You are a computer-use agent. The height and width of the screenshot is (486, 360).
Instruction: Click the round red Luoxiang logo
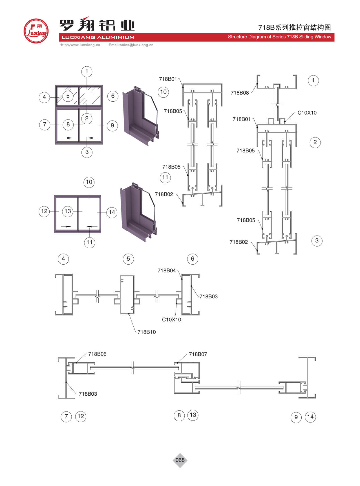tap(36, 31)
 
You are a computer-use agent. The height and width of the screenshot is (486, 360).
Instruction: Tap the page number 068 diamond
tap(180, 460)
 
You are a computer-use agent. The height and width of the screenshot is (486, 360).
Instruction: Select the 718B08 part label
tap(240, 93)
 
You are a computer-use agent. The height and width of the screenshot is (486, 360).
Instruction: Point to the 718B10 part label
tap(147, 332)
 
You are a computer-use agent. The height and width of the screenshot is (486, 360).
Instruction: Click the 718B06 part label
tap(97, 354)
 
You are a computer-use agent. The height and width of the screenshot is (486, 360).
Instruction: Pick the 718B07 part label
tap(198, 354)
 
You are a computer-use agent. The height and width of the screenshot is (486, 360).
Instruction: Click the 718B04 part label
tap(167, 271)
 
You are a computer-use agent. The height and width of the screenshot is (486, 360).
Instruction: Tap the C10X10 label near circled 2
tap(307, 113)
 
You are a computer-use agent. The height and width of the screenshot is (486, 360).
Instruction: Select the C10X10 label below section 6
tap(171, 320)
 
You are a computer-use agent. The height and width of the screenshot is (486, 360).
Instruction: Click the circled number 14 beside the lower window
tap(112, 212)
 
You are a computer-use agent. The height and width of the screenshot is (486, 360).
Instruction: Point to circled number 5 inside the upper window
tap(68, 96)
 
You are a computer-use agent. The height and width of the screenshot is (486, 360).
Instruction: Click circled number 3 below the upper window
tap(87, 152)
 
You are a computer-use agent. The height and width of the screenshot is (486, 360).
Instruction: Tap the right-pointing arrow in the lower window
tap(66, 226)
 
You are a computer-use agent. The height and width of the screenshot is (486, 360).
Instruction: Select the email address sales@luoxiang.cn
tap(131, 45)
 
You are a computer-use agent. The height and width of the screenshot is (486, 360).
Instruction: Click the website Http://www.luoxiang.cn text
tap(80, 45)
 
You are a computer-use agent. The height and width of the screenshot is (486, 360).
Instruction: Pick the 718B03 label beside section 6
tap(209, 297)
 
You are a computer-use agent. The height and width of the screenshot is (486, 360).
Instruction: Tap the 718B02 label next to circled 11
tap(164, 194)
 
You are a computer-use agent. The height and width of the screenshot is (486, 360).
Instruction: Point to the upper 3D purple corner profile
tap(140, 116)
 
